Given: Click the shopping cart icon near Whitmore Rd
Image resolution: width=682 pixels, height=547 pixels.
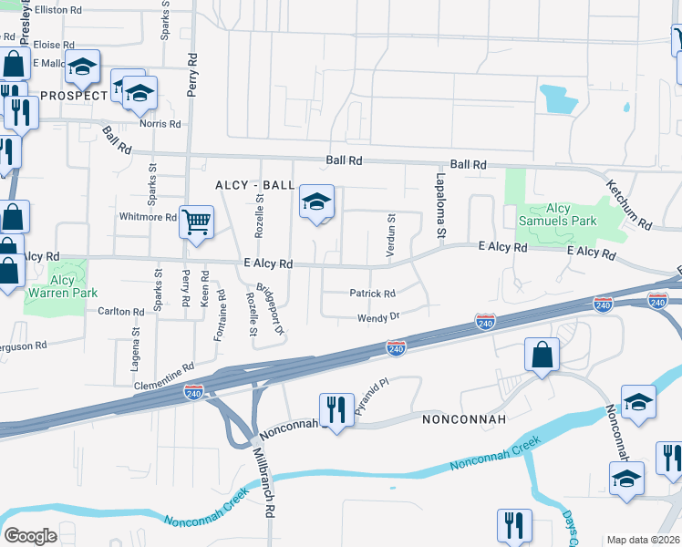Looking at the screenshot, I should (x=197, y=222).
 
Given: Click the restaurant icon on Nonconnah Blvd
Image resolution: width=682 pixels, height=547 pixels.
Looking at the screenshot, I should (x=336, y=410).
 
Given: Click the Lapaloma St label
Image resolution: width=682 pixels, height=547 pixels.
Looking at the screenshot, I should (x=439, y=206).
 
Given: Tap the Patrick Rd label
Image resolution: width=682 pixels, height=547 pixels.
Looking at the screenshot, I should (x=373, y=294).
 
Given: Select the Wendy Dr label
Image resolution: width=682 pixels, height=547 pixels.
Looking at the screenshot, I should (x=378, y=317).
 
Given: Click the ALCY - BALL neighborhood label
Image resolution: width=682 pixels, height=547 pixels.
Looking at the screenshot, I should (x=254, y=185).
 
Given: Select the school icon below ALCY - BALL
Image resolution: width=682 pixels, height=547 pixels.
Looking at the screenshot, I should (x=316, y=203).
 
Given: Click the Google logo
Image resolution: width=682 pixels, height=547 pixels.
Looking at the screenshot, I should (x=31, y=536).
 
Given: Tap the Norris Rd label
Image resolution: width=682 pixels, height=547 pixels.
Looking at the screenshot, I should (x=160, y=124).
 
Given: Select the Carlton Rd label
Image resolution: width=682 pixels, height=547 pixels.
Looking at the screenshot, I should (x=121, y=312).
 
